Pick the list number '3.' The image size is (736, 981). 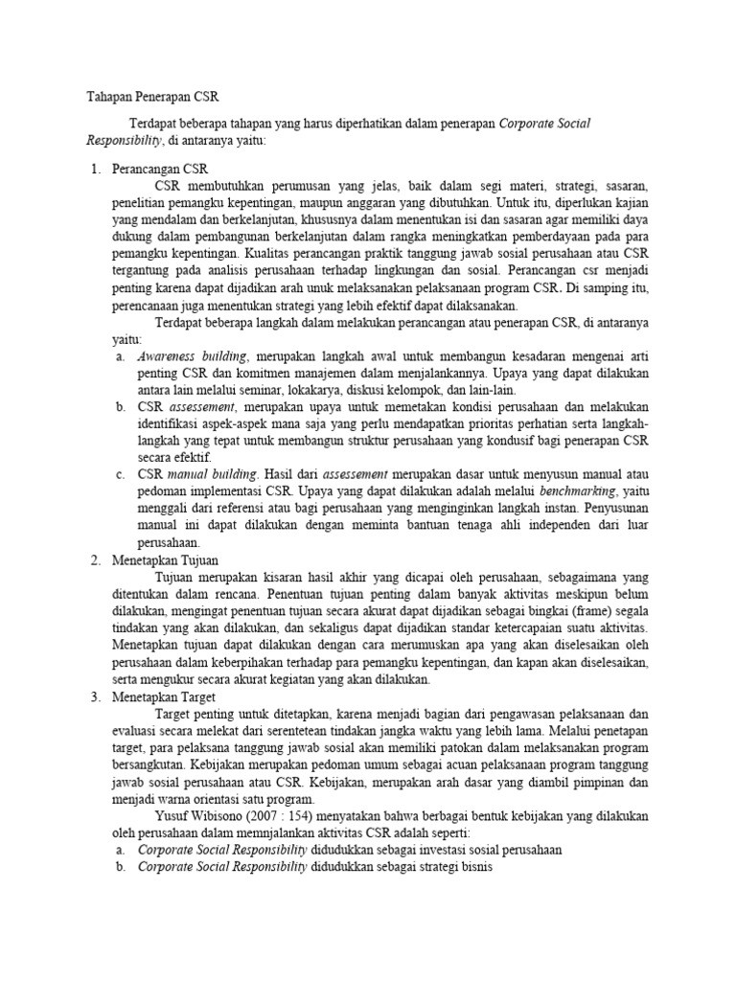(x=96, y=696)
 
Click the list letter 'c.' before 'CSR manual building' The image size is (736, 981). (x=120, y=473)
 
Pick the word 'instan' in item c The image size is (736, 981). (x=520, y=508)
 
